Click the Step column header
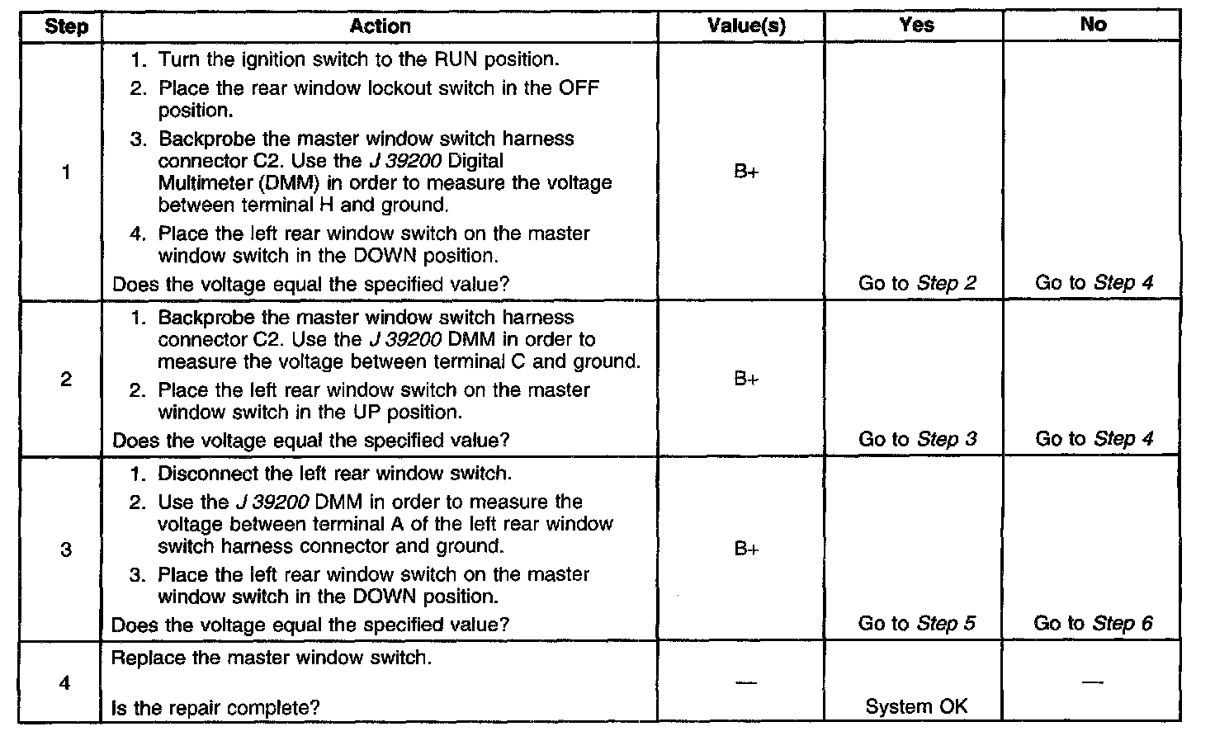[66, 26]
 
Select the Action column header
[380, 26]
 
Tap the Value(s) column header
[746, 26]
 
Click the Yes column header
[916, 25]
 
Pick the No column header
[1093, 25]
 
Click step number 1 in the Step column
[66, 173]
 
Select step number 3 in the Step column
[66, 550]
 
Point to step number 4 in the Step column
[66, 683]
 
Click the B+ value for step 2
[746, 380]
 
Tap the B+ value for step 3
[746, 550]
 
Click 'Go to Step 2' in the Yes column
[917, 284]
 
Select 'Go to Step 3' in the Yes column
[917, 439]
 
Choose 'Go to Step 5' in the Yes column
[917, 624]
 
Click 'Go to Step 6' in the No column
[1093, 624]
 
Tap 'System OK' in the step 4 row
[916, 707]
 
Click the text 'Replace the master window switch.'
[271, 658]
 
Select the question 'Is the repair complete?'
[215, 707]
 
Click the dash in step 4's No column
[1093, 682]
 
